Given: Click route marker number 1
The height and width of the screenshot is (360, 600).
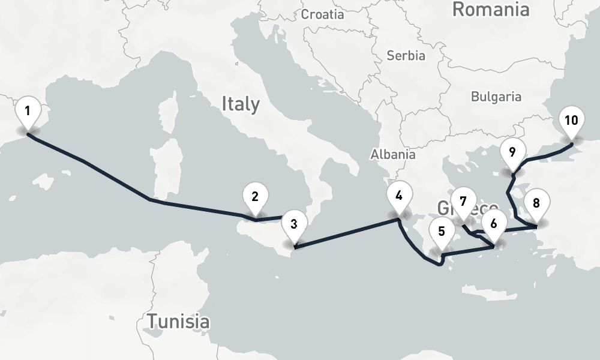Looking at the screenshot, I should click(x=28, y=112).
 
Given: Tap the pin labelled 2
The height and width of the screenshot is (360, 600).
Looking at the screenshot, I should click(x=255, y=197).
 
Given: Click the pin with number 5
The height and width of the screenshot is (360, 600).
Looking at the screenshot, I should click(x=442, y=231).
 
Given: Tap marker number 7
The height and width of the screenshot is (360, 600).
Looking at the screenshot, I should click(x=463, y=202).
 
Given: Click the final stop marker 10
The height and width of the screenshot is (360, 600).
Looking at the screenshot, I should click(x=571, y=121).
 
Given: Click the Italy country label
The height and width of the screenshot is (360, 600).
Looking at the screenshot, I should click(x=241, y=104).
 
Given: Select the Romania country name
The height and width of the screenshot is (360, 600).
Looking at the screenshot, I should click(x=491, y=9).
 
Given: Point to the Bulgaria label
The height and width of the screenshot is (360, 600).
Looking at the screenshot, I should click(x=496, y=96).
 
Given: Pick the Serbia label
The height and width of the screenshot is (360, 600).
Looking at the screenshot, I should click(x=406, y=56).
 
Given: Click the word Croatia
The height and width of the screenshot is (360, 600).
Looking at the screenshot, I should click(x=323, y=14).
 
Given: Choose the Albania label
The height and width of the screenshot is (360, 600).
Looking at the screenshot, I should click(x=393, y=154).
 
